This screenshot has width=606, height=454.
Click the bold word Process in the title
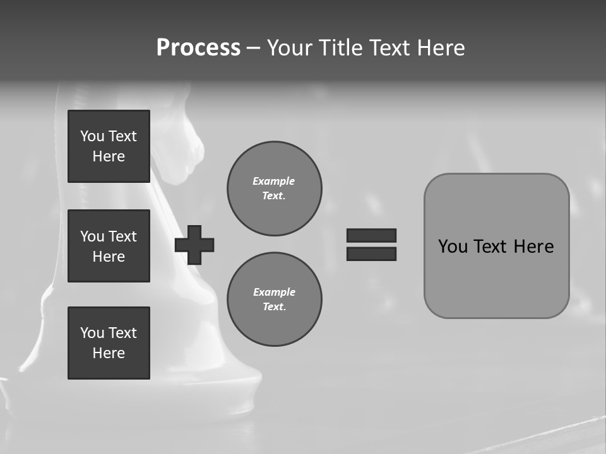(198, 48)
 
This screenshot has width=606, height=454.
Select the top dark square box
(109, 146)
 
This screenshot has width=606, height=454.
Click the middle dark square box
(109, 246)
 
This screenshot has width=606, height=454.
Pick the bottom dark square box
(109, 343)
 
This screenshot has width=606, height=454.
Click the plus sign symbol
(194, 245)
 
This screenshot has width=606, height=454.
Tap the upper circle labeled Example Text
(274, 189)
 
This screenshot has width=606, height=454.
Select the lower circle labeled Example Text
(274, 300)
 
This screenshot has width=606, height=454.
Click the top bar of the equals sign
(371, 236)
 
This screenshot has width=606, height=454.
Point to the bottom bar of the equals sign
(371, 254)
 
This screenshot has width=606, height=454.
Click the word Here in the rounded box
(534, 247)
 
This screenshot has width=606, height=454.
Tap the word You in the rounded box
(453, 247)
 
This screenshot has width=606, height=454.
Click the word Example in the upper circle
(274, 182)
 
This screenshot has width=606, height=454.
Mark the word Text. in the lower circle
(274, 307)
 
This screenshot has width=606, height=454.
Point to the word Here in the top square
(109, 156)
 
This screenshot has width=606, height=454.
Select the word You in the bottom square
(92, 333)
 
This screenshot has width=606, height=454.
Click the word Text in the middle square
(123, 236)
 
